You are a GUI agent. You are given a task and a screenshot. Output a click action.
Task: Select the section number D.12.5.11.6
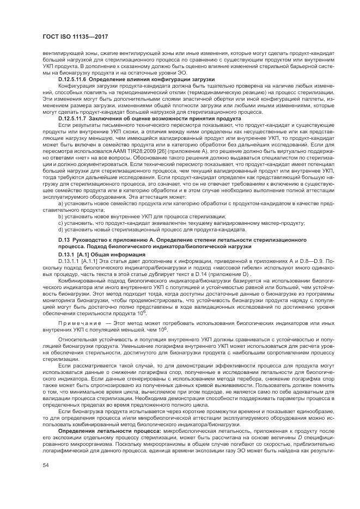click(x=72, y=79)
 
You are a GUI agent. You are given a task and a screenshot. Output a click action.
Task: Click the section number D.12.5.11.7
click(x=72, y=118)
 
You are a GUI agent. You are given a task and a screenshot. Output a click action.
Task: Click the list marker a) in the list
click(x=60, y=203)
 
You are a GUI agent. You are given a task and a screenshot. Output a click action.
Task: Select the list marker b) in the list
click(x=60, y=217)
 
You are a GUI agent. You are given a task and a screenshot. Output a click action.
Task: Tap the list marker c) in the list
click(x=60, y=223)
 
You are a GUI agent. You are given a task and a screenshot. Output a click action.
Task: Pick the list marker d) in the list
click(x=60, y=230)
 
